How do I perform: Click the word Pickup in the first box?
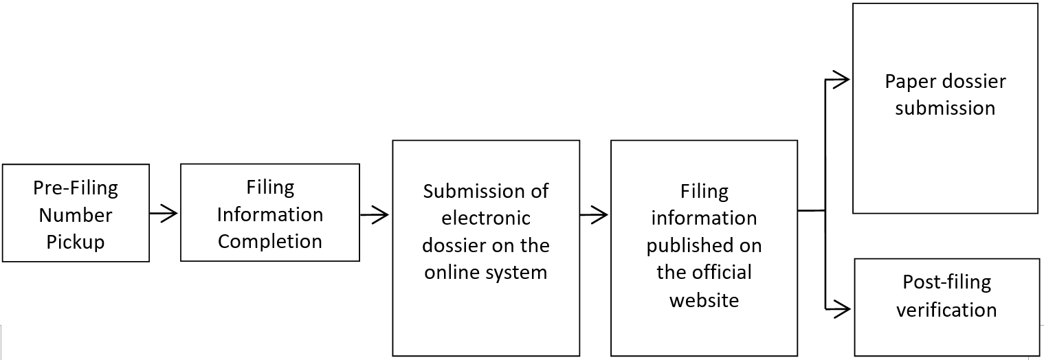[x=75, y=242]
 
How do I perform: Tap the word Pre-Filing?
[x=76, y=188]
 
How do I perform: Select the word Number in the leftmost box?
[x=75, y=215]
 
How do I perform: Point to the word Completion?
[x=269, y=241]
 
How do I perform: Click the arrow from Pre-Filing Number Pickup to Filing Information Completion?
[x=164, y=214]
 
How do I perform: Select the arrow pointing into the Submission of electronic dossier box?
[x=375, y=215]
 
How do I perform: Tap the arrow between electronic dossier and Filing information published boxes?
[x=594, y=215]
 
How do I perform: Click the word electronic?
[x=485, y=218]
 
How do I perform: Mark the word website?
[x=704, y=300]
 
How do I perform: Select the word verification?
[x=946, y=309]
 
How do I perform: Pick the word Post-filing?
[x=946, y=282]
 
